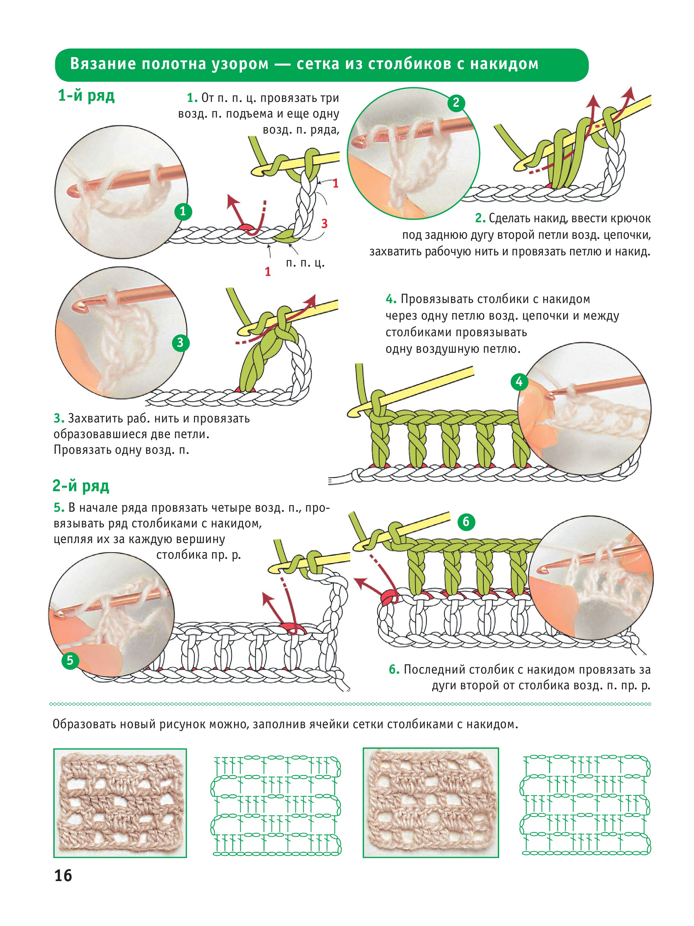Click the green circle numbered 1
(183, 211)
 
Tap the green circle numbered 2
(456, 103)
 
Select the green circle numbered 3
(180, 343)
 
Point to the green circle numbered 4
(519, 382)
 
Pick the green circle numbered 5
(70, 660)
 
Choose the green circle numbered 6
(466, 522)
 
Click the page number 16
(63, 876)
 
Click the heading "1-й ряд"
(86, 96)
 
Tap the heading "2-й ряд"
(81, 486)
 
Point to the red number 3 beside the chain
(324, 223)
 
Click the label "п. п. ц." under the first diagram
(305, 263)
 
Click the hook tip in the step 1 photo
(71, 193)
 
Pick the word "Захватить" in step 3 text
(96, 418)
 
